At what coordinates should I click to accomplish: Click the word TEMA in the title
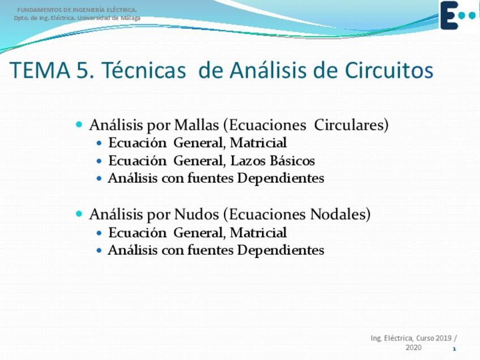point(40,70)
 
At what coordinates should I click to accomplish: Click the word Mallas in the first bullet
point(196,125)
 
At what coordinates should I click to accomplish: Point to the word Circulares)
point(351,125)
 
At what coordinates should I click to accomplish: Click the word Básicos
point(292,161)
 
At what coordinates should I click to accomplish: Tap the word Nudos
point(196,215)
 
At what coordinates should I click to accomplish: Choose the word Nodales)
point(340,215)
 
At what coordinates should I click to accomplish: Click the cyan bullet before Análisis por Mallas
point(79,125)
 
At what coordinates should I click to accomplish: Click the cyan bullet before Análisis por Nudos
point(79,214)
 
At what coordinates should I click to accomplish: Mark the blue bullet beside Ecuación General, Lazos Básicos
point(98,161)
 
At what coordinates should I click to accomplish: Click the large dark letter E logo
point(449,15)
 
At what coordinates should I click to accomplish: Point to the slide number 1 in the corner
point(455,349)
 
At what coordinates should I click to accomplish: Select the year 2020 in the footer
point(413,348)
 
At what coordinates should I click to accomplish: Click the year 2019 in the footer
point(444,338)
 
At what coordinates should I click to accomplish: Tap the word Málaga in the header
point(130,18)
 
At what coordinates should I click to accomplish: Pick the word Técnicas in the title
point(144,70)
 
